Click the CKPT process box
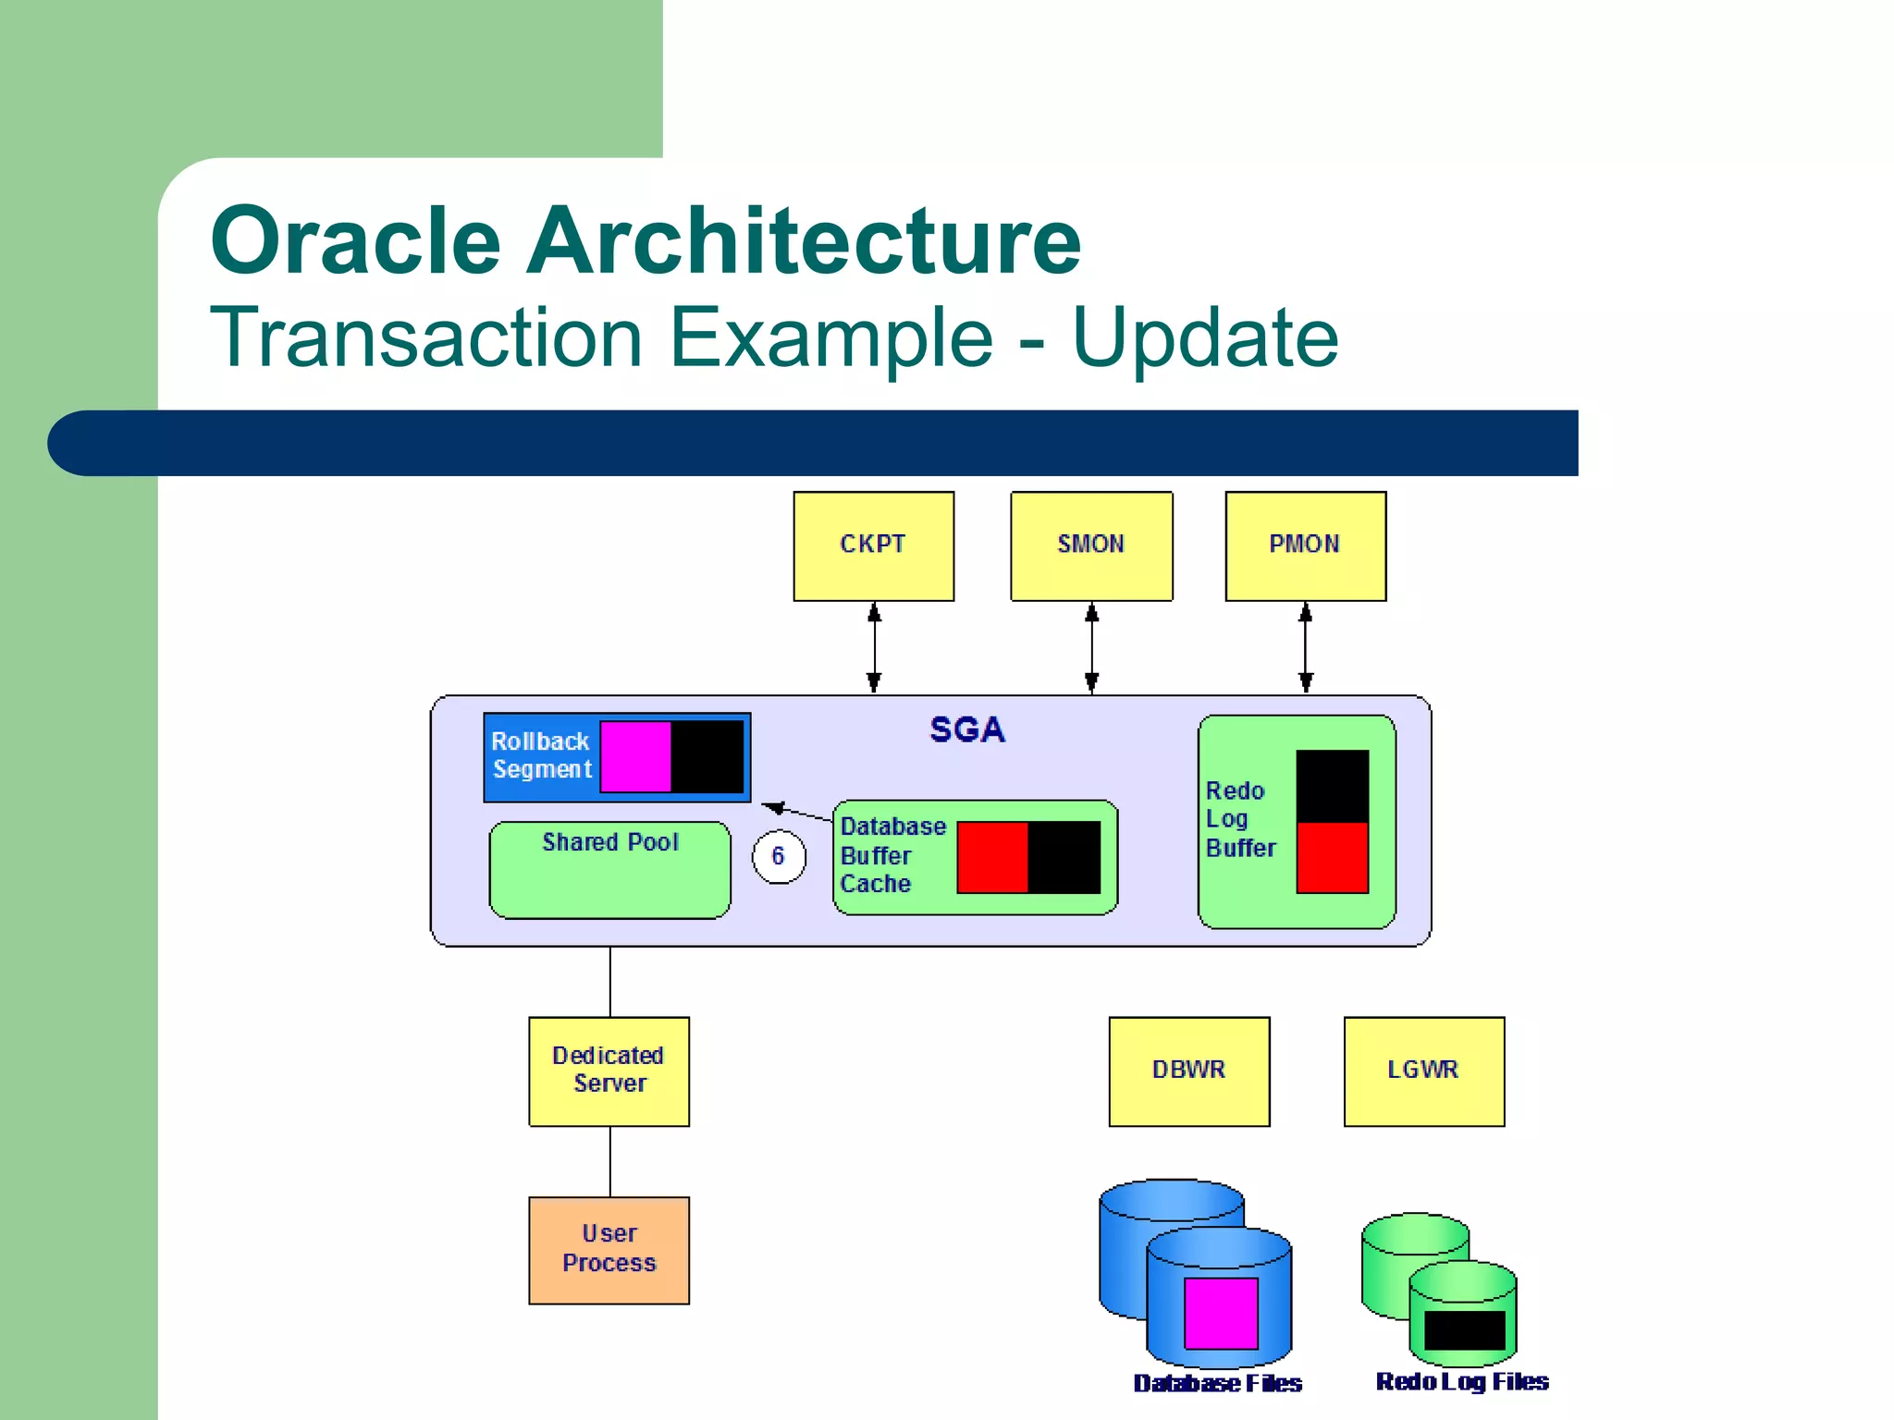(873, 545)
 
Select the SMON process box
(1091, 545)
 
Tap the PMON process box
(1305, 545)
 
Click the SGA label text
(966, 730)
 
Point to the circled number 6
(778, 857)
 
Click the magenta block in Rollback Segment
(636, 757)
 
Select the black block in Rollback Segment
(707, 757)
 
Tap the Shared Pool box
(609, 870)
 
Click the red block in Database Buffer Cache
(992, 857)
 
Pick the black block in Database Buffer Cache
(1064, 857)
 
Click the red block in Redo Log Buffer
(1332, 857)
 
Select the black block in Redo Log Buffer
(1332, 786)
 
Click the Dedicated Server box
(609, 1071)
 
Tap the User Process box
(609, 1250)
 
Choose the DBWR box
(1188, 1071)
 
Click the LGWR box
(1423, 1071)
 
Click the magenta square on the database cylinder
(1221, 1313)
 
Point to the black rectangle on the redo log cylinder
(1464, 1330)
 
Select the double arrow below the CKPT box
(874, 647)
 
